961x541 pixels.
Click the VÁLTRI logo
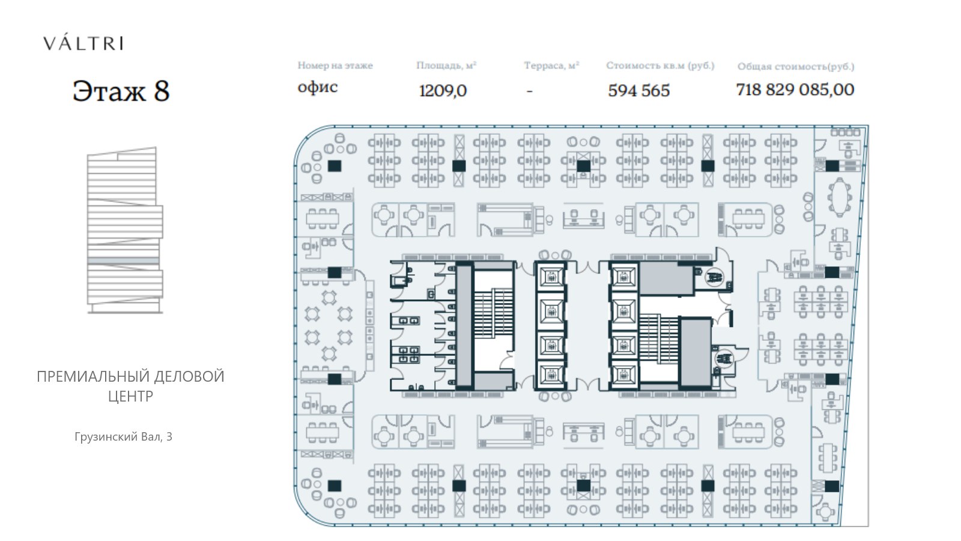[83, 43]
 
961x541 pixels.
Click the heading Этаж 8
[121, 91]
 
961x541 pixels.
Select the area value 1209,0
[443, 91]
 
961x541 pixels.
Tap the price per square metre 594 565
[639, 91]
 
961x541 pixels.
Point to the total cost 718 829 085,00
[795, 90]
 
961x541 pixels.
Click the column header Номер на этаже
[335, 66]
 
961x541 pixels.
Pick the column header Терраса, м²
[551, 66]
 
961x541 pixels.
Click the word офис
[318, 87]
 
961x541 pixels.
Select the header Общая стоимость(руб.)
[796, 67]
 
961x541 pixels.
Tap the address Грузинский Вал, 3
[123, 436]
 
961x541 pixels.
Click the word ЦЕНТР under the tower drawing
[130, 396]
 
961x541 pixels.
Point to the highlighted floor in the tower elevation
[123, 261]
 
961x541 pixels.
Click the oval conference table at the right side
[840, 198]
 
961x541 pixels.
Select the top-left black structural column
[335, 166]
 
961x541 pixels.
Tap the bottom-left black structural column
[335, 486]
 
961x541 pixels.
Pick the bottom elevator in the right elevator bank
[623, 375]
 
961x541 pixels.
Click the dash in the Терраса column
[529, 91]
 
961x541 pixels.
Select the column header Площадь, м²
[446, 66]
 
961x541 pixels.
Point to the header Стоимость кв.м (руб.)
[660, 66]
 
